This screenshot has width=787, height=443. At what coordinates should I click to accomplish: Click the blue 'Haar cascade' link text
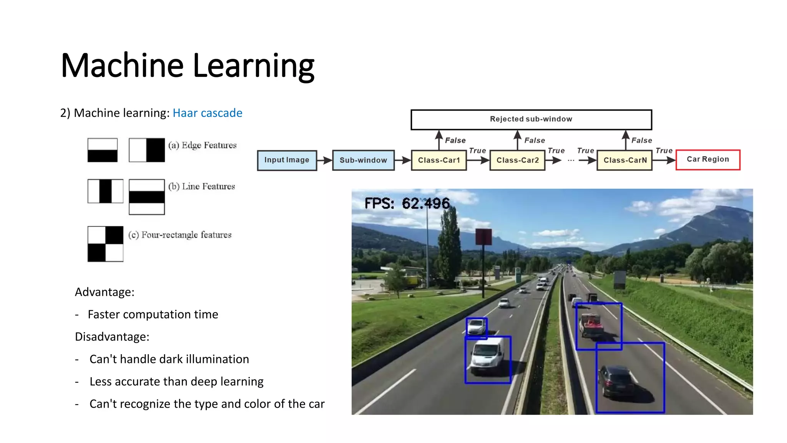coord(208,113)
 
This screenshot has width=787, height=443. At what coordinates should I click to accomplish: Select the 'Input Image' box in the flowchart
coord(287,160)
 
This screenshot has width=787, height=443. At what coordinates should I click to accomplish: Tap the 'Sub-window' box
coord(363,160)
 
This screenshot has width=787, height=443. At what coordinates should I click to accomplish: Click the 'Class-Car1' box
coord(439,160)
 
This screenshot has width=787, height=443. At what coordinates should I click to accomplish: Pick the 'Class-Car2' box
coord(517,160)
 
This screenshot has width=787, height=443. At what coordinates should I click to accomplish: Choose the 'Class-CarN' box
coord(625,160)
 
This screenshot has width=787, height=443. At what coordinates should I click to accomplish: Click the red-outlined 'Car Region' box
coord(708,160)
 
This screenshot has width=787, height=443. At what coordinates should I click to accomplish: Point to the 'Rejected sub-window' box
coord(531,119)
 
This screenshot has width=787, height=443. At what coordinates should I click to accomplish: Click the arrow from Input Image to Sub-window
coord(325,160)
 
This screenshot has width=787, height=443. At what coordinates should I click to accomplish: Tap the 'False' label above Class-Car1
coord(455,140)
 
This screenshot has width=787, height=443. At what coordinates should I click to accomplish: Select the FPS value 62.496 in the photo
coord(426,203)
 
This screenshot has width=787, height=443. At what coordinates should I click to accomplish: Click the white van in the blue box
coord(487,355)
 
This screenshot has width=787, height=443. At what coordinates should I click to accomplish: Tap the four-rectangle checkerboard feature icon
coord(105,244)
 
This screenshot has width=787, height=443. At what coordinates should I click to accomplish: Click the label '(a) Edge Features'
coord(203,145)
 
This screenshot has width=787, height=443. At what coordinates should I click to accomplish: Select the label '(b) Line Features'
coord(202,187)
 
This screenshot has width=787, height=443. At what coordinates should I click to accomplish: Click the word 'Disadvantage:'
coord(112,337)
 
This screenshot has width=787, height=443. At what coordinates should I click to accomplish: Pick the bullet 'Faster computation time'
coord(153,315)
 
